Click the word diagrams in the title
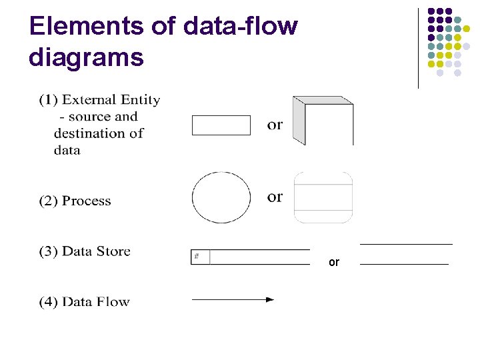86,57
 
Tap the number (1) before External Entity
48,100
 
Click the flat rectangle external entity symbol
221,125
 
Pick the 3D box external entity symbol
323,121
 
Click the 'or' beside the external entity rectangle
275,125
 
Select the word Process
87,201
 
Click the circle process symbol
221,197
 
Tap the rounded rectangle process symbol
323,197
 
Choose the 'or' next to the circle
275,197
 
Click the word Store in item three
113,251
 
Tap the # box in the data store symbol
200,257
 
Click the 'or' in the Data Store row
334,263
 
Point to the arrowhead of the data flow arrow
269,300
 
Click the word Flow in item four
113,302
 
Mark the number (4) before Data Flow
48,302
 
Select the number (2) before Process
48,201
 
